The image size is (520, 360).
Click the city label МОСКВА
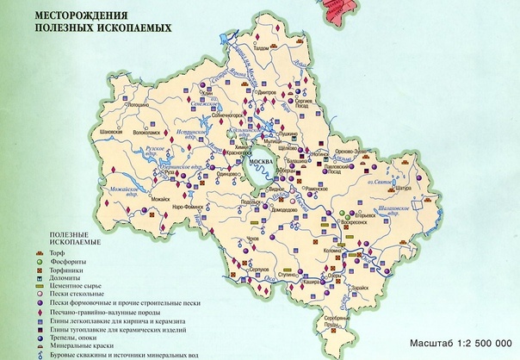(x=260, y=162)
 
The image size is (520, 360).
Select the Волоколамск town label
(x=145, y=133)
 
